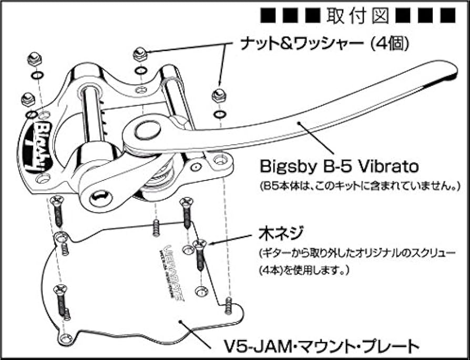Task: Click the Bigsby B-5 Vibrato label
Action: click(x=339, y=167)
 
